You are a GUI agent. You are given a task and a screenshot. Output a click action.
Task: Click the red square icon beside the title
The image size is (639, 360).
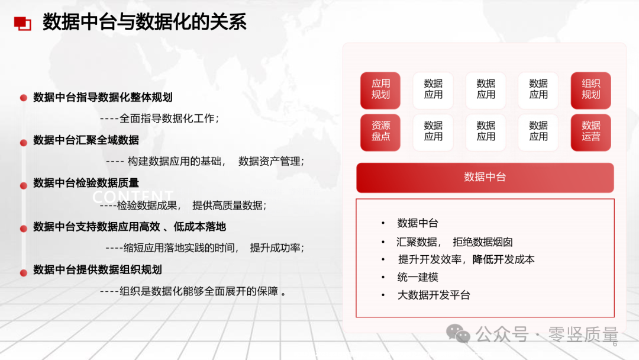point(22,23)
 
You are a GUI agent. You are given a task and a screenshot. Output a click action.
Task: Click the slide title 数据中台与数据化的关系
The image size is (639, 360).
point(144,21)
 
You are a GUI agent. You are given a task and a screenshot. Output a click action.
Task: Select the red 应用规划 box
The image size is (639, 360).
point(380,90)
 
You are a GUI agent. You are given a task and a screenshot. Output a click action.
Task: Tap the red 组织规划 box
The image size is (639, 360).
point(590,90)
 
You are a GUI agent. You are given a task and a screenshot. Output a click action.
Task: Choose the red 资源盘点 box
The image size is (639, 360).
point(380,132)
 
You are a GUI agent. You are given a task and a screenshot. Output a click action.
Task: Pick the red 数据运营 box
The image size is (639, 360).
point(590,132)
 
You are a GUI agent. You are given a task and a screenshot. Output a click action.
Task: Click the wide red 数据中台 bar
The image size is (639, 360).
point(485,178)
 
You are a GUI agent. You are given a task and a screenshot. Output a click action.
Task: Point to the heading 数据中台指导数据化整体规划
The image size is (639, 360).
point(103,97)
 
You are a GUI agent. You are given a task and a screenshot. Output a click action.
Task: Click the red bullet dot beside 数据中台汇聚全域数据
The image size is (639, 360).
point(24,143)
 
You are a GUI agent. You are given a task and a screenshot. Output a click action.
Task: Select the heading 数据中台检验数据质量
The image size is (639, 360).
point(86,182)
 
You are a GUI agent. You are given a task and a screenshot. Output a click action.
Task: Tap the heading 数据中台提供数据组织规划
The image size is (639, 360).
point(98,269)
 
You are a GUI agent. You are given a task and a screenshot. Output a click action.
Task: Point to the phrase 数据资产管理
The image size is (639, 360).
point(269,161)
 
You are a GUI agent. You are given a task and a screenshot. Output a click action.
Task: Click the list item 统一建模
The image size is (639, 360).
point(418,277)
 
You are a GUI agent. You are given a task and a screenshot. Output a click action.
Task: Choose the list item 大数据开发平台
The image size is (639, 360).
point(434,295)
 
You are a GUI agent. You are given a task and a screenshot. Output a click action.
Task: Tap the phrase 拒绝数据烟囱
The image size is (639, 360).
point(483,242)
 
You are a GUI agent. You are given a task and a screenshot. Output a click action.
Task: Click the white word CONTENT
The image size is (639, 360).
point(133,197)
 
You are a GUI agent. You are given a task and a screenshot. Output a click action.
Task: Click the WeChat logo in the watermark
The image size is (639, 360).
point(458,333)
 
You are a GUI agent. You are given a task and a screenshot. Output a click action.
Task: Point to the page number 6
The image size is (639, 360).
point(615,344)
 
